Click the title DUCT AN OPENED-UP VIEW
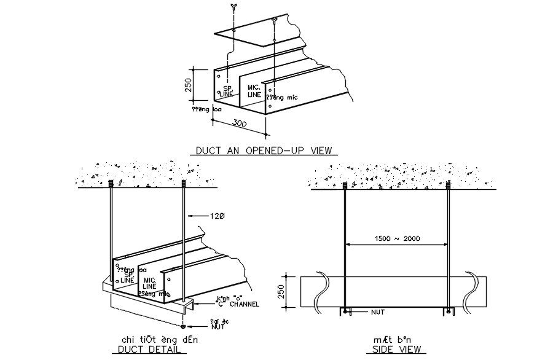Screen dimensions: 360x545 (264, 150)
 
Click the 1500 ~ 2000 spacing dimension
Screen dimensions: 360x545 (396, 239)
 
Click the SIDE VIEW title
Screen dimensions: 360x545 (394, 350)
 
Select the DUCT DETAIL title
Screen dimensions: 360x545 (151, 350)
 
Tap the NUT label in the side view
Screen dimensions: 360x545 (377, 312)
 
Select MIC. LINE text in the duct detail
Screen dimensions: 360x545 (149, 283)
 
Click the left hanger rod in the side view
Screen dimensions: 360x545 (345, 246)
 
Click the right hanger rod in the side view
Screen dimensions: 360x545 (447, 246)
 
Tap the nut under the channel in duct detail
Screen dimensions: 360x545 (184, 326)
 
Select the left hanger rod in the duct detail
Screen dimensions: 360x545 (111, 227)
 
